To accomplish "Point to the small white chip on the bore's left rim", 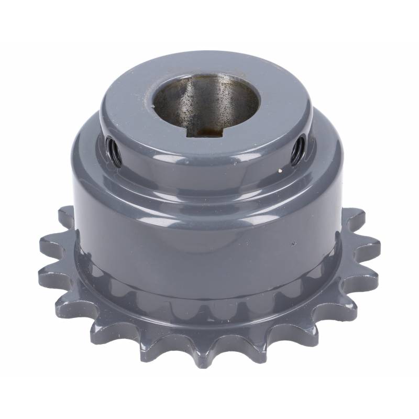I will (x=153, y=104).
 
